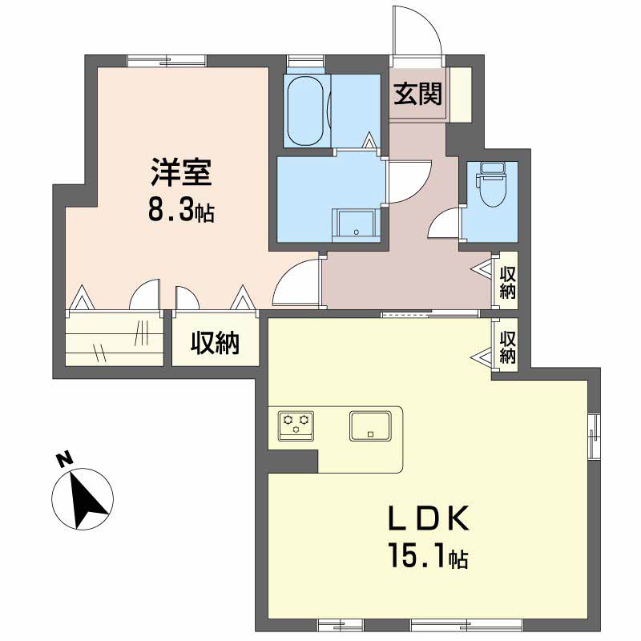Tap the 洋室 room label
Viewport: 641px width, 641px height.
click(x=182, y=173)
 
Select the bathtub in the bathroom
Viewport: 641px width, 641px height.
click(x=305, y=111)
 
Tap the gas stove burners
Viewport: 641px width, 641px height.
click(x=296, y=422)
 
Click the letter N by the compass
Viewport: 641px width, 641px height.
click(x=63, y=460)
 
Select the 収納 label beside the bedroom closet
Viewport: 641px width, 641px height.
click(x=215, y=344)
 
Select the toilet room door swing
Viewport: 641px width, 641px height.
click(x=445, y=223)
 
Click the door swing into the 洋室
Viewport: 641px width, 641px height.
click(x=294, y=284)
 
